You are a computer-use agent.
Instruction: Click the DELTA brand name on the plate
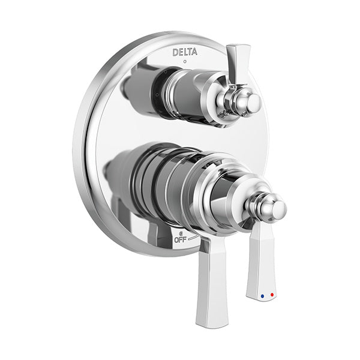coord(185,52)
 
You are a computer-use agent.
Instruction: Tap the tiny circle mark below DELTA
coord(185,62)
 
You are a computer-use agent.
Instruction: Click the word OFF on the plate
coord(180,240)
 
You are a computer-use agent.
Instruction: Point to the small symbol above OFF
coord(181,234)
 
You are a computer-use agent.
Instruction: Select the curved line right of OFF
coord(193,238)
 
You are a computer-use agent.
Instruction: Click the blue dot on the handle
coord(262,296)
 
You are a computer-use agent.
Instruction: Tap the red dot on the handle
coord(272,295)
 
